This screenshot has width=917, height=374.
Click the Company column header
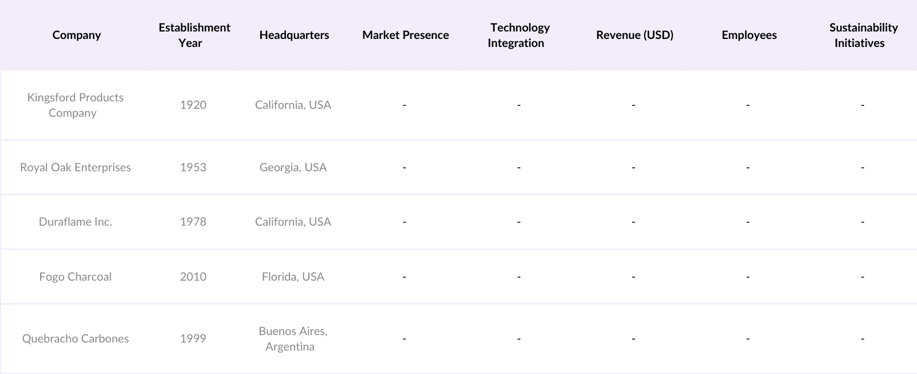(76, 35)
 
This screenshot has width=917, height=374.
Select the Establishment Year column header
(194, 35)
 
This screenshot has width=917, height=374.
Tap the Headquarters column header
(294, 35)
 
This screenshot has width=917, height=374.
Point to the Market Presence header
(405, 35)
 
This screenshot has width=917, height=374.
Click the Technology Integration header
(519, 35)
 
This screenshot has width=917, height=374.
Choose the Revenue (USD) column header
(634, 35)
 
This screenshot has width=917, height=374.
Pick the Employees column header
(749, 35)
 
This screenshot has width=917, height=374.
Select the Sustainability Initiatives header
(863, 35)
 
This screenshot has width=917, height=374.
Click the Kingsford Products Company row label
(75, 105)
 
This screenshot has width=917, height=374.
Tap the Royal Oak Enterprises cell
(75, 167)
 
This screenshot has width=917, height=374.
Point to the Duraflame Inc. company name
(75, 222)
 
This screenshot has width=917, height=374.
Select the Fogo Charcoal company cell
(75, 277)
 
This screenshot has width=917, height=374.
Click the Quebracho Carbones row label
(75, 338)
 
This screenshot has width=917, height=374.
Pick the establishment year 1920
(193, 105)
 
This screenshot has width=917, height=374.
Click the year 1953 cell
(193, 167)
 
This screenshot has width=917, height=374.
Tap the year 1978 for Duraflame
(193, 222)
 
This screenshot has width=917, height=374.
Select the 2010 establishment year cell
(193, 277)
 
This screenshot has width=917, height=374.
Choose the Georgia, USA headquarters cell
(293, 167)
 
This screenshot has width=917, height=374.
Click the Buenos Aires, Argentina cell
(292, 338)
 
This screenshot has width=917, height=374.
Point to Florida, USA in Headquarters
(293, 277)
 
